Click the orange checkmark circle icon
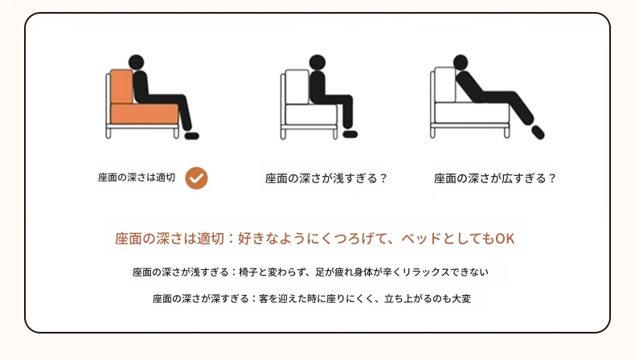pos(196,178)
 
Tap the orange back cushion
pos(121,86)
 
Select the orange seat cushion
pos(145,114)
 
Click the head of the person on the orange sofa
pos(136,63)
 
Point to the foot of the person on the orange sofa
pos(192,136)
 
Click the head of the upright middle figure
pos(317,63)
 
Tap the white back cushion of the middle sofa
pos(297,87)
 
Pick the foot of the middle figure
pos(350,134)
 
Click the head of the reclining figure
pos(461,63)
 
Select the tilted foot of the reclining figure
pos(538,133)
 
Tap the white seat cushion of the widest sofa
pos(472,113)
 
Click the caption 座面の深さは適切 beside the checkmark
pos(137,178)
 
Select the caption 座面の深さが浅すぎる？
pos(326,178)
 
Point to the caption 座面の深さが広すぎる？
pos(495,178)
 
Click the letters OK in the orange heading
pos(505,239)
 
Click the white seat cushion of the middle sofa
pos(311,115)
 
